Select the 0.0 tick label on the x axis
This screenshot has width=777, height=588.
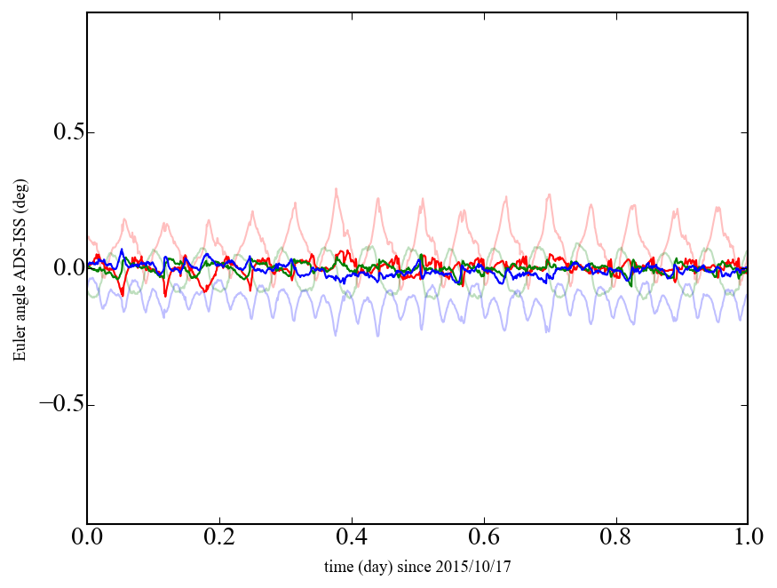point(87,538)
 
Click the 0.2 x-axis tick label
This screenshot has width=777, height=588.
point(219,538)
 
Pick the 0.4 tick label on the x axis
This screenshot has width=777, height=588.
point(352,538)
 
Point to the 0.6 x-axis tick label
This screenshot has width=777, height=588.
point(484,538)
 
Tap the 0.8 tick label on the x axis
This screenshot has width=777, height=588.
point(615,538)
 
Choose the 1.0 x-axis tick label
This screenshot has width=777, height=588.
point(748,538)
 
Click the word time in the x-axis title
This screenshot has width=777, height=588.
point(338,566)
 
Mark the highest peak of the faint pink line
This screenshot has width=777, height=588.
point(336,188)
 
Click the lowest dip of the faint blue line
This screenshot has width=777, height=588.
point(336,335)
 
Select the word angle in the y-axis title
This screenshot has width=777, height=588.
point(20,308)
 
